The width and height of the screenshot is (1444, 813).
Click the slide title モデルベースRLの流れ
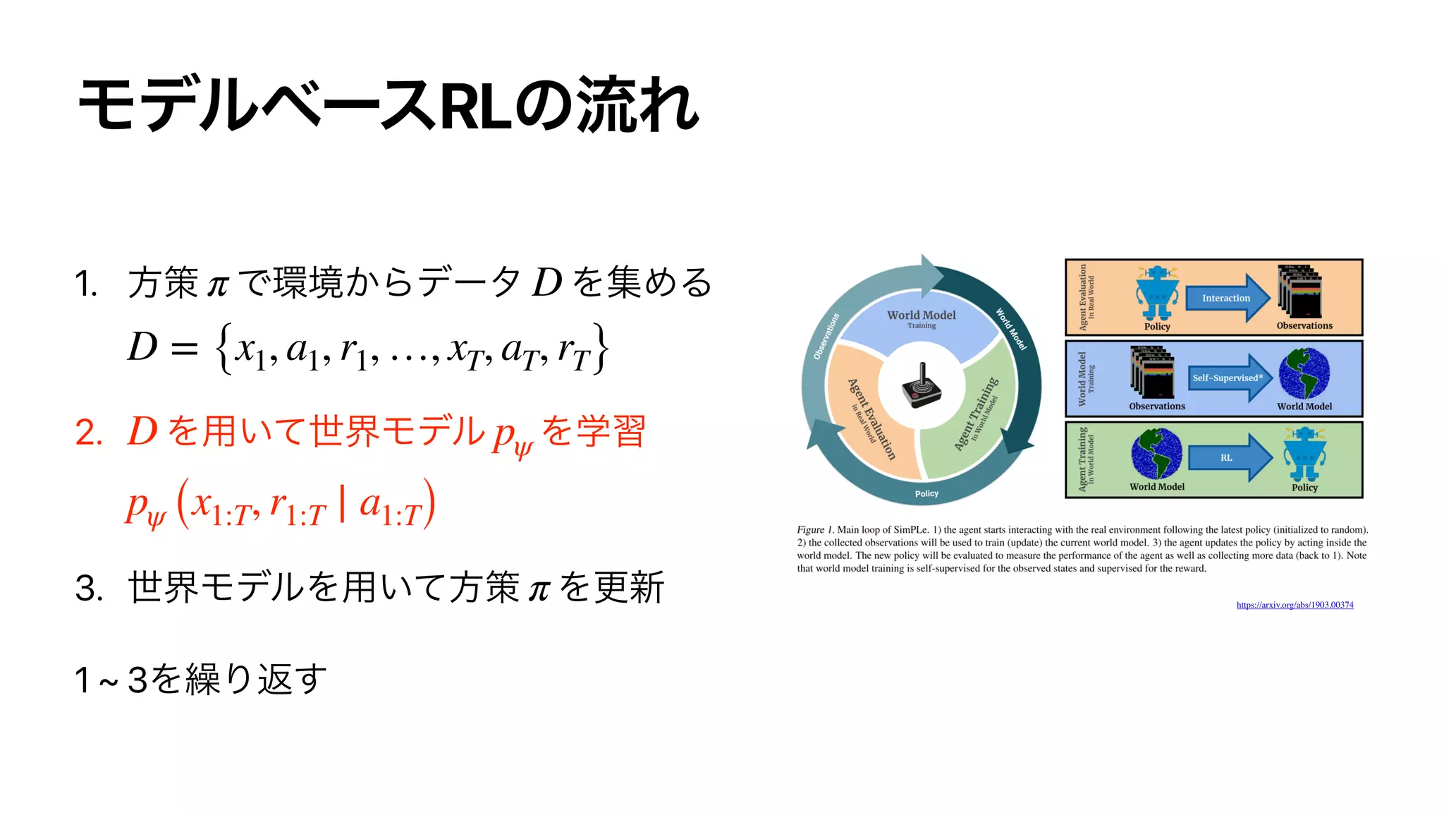388,106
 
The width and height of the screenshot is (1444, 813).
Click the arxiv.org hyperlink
1295,605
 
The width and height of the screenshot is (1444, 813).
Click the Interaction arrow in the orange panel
1227,298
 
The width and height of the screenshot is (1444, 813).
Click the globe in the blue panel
1304,374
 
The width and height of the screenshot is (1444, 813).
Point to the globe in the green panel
1156,454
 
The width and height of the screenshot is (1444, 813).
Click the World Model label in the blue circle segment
921,317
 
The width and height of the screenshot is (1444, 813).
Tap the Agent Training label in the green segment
977,414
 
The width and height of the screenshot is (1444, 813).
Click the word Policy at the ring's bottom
926,494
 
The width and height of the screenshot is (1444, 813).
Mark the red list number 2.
88,433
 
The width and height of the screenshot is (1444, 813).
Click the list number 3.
89,589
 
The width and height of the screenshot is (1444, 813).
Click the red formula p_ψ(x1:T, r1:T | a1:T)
280,505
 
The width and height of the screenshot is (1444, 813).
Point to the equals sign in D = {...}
184,349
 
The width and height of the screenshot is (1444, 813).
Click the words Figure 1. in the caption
815,530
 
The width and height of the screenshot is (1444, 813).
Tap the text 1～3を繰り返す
201,680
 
